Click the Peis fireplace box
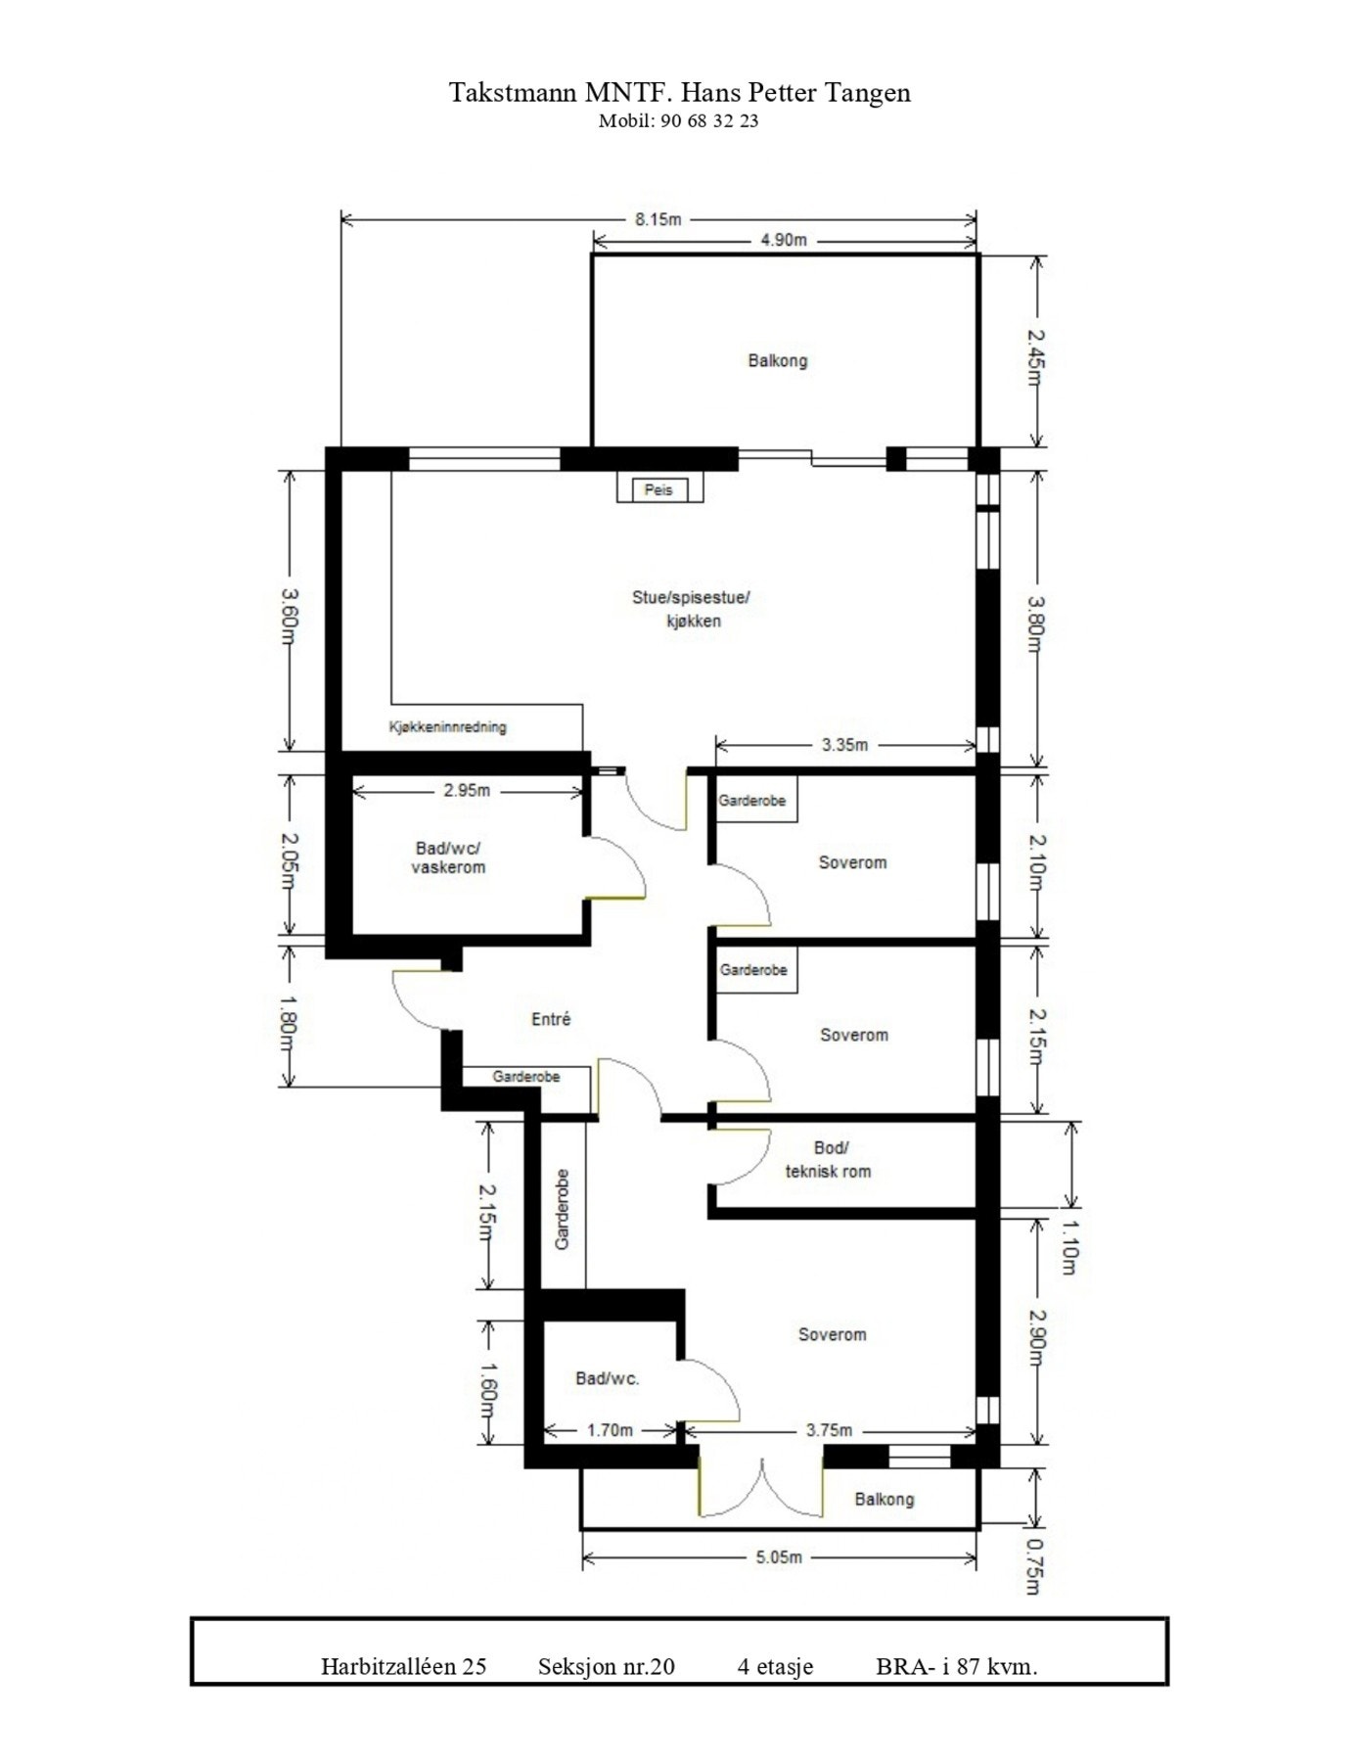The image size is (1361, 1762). tap(658, 489)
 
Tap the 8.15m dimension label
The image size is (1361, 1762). tap(658, 219)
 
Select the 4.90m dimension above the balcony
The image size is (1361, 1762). tap(783, 240)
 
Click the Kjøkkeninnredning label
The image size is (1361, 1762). tap(448, 727)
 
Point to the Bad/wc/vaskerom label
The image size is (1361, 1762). tap(448, 858)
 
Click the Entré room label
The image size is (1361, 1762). tap(551, 1019)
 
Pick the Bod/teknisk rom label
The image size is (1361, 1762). tap(829, 1159)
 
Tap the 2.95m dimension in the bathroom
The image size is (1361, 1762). tap(467, 790)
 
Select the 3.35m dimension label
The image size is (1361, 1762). tap(844, 745)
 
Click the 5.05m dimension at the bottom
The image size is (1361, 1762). tap(779, 1557)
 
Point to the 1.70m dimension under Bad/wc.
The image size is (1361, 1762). tap(610, 1430)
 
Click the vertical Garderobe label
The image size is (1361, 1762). tap(563, 1209)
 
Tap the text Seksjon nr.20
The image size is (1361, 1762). tap(606, 1667)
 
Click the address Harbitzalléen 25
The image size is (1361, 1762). tap(403, 1667)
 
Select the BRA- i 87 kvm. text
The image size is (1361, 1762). tap(956, 1667)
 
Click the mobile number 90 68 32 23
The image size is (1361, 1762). tap(703, 121)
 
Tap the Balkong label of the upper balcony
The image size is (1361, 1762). tap(778, 360)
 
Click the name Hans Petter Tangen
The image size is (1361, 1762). tap(795, 93)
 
